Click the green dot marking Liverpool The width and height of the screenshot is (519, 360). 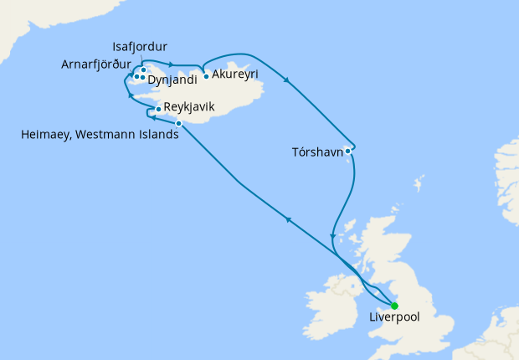[x=394, y=306]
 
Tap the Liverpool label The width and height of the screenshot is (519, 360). [x=394, y=318]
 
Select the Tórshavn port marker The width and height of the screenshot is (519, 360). [x=348, y=151]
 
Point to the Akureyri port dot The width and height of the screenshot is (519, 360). [x=206, y=76]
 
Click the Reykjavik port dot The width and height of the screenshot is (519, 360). [x=158, y=110]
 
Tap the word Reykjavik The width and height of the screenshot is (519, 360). [x=191, y=107]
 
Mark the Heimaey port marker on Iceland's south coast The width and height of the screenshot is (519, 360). [x=179, y=124]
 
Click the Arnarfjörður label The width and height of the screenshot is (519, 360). [x=95, y=64]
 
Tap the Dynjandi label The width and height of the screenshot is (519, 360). [x=172, y=80]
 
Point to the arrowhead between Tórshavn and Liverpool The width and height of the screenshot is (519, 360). [x=333, y=235]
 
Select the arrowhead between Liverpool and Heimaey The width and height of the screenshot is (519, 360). [x=288, y=219]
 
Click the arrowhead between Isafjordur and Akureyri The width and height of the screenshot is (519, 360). [x=171, y=64]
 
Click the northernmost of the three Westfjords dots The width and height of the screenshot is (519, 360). [x=144, y=69]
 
